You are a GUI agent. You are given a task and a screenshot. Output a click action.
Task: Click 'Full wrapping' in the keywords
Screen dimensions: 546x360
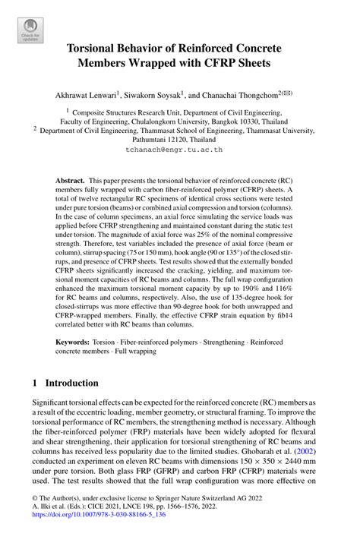(x=134, y=352)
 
